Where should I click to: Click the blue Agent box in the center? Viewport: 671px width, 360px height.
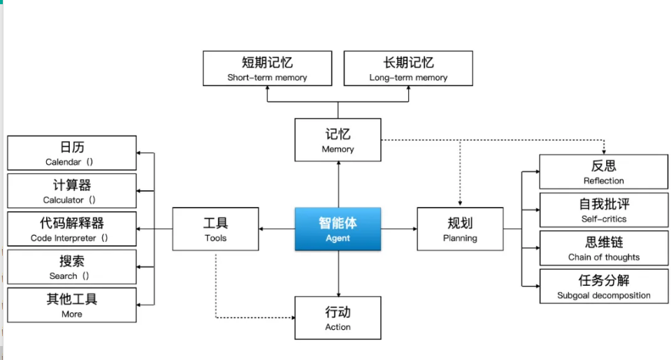pos(338,229)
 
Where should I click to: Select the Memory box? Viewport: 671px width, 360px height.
pos(338,140)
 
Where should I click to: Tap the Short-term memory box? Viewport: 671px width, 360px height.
pos(267,69)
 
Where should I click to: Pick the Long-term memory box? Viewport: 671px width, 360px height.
pos(408,69)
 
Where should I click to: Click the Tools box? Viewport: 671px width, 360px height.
pos(215,229)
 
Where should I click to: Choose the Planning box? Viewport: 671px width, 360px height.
pos(460,229)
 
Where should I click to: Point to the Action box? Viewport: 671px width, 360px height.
pos(338,318)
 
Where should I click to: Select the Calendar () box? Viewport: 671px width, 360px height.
pos(71,153)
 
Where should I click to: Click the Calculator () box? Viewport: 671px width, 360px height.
pos(71,191)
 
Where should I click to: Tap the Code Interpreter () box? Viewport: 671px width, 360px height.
pos(71,229)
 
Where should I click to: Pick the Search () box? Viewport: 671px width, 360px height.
pos(71,267)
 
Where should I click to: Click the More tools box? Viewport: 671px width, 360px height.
pos(71,305)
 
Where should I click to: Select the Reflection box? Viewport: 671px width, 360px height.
pos(603,172)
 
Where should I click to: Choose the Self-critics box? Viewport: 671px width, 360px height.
pos(603,210)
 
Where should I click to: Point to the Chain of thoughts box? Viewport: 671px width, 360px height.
pos(603,248)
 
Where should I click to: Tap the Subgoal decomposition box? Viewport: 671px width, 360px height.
pos(603,286)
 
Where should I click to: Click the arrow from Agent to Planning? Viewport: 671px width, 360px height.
pos(399,229)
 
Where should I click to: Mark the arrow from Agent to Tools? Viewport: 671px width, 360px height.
pos(276,229)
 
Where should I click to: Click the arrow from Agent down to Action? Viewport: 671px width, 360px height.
pos(338,273)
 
